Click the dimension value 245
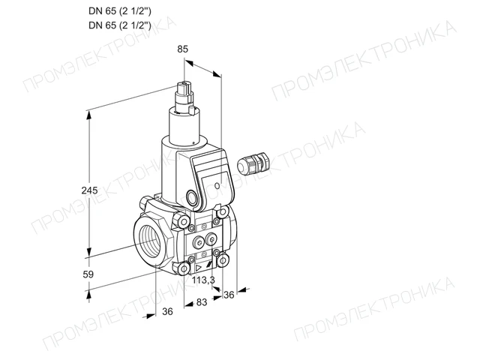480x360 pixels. (x=89, y=190)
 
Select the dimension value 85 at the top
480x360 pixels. (x=182, y=49)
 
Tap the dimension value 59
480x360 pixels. (x=88, y=274)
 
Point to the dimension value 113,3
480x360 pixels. (x=203, y=280)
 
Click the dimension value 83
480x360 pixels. (x=202, y=302)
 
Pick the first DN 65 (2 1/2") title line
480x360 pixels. (x=120, y=11)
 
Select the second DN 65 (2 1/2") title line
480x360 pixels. (x=120, y=25)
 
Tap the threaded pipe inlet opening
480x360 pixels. (x=151, y=242)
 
